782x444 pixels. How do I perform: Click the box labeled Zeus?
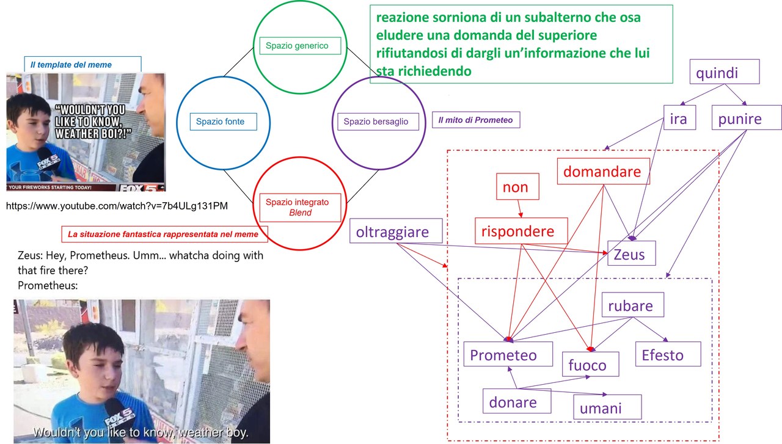coord(631,253)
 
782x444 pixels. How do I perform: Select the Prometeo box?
coord(508,354)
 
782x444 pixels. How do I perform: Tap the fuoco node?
coord(590,365)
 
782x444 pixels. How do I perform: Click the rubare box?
coord(630,305)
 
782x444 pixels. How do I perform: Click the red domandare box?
coord(602,172)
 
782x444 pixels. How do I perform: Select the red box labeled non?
coord(515,187)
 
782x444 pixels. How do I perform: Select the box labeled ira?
coord(679,118)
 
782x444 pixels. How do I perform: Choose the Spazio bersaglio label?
coord(375,122)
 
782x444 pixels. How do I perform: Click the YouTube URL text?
coord(117,206)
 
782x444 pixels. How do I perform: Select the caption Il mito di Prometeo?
coord(475,120)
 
